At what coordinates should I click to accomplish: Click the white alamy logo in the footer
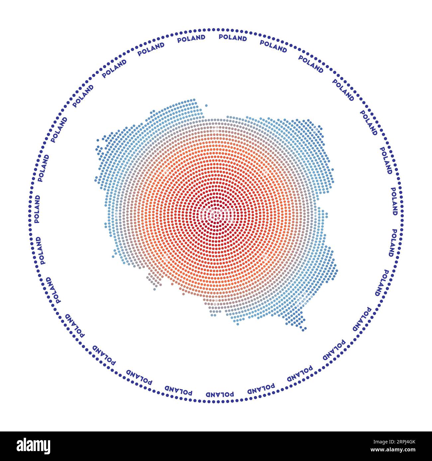(34, 446)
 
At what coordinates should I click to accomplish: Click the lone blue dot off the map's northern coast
(206, 106)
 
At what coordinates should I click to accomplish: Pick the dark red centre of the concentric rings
(216, 214)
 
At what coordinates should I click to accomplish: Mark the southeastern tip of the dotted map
(303, 329)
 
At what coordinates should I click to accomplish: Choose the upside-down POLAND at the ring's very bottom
(219, 394)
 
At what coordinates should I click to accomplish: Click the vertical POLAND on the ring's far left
(37, 209)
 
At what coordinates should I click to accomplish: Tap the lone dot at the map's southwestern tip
(154, 289)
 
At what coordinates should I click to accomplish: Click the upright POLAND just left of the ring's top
(191, 39)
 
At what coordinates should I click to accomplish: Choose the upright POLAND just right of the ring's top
(233, 38)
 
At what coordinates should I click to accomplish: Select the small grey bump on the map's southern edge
(213, 314)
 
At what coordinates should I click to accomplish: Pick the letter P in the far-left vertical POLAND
(37, 220)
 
